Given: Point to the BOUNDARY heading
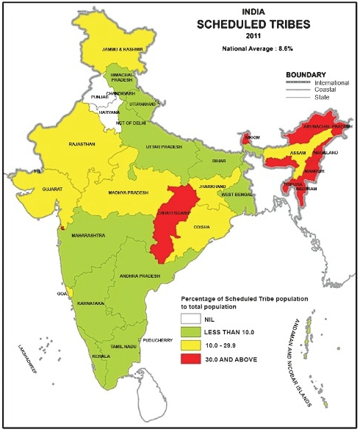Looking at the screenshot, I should click(306, 75).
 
